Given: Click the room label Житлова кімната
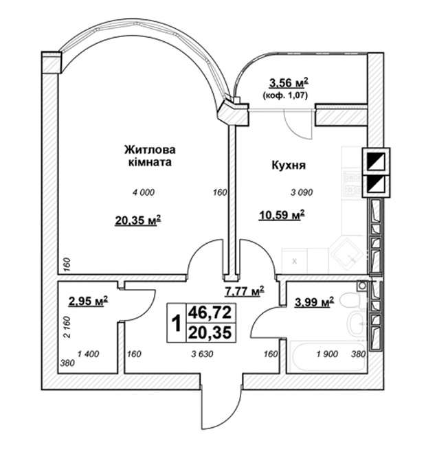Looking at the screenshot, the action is click(x=150, y=156).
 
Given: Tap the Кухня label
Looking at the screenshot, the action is click(x=289, y=166).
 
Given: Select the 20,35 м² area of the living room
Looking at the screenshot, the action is click(x=138, y=220).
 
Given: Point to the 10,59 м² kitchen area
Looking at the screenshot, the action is click(x=282, y=215).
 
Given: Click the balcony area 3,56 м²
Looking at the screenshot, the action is click(x=289, y=83).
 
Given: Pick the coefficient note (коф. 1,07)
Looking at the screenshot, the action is click(x=285, y=95).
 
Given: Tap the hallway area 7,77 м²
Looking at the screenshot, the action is click(x=245, y=290).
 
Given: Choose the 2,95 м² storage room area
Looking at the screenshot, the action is click(x=88, y=301).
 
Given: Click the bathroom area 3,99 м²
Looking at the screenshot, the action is click(x=314, y=302).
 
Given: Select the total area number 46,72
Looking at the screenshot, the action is click(x=210, y=312).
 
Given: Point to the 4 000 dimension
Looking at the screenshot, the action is click(x=144, y=192).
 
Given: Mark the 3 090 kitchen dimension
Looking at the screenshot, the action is click(x=302, y=192).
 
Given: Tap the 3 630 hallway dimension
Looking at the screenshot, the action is click(x=202, y=354).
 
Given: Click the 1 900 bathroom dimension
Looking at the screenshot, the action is click(x=327, y=354).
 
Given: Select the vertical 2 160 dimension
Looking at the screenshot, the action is click(x=67, y=327).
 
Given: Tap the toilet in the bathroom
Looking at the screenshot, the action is click(x=350, y=300).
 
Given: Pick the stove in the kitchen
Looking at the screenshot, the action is click(x=352, y=183).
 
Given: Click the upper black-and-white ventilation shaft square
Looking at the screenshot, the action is click(x=376, y=161).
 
